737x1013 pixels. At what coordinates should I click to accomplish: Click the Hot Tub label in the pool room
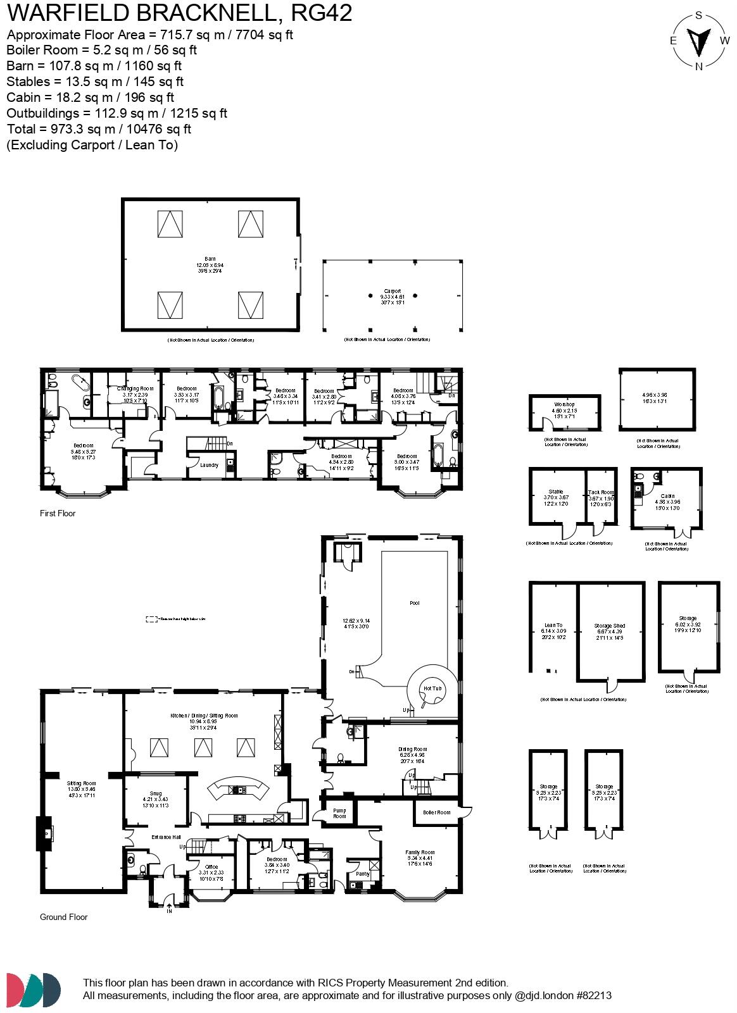pyautogui.click(x=432, y=688)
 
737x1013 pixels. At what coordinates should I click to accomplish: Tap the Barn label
pyautogui.click(x=210, y=259)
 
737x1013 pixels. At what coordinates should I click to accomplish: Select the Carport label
pyautogui.click(x=393, y=291)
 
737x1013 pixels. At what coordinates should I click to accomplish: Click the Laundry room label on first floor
pyautogui.click(x=209, y=465)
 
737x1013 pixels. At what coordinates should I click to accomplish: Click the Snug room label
pyautogui.click(x=156, y=793)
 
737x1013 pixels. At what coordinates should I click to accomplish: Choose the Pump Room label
pyautogui.click(x=340, y=813)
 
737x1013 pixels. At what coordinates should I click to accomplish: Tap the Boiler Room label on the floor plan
pyautogui.click(x=437, y=812)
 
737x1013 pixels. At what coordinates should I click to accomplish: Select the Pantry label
pyautogui.click(x=363, y=874)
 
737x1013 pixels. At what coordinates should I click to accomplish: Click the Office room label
pyautogui.click(x=211, y=867)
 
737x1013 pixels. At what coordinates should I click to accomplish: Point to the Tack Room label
pyautogui.click(x=601, y=492)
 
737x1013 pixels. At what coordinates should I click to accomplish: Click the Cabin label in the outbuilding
pyautogui.click(x=667, y=496)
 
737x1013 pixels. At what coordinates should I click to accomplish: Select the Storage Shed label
pyautogui.click(x=610, y=626)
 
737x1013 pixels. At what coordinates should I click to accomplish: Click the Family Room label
pyautogui.click(x=420, y=852)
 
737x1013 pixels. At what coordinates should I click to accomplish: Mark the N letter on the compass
pyautogui.click(x=699, y=66)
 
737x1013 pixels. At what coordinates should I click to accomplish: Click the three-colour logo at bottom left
pyautogui.click(x=34, y=990)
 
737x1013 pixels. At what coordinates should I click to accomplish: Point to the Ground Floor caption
pyautogui.click(x=63, y=917)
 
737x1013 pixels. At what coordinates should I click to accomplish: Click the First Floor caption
pyautogui.click(x=58, y=513)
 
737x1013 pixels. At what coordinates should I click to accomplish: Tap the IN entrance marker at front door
pyautogui.click(x=169, y=911)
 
